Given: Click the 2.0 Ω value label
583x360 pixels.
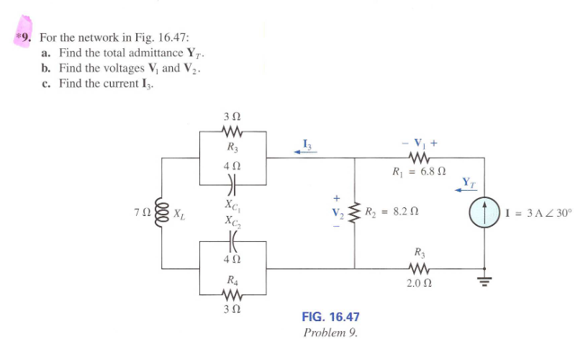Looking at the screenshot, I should [x=419, y=283].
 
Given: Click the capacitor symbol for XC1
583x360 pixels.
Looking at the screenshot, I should [x=231, y=184].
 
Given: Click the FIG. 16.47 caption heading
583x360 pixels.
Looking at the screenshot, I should [x=330, y=318].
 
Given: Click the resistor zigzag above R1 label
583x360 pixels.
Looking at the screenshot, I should [x=418, y=156].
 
